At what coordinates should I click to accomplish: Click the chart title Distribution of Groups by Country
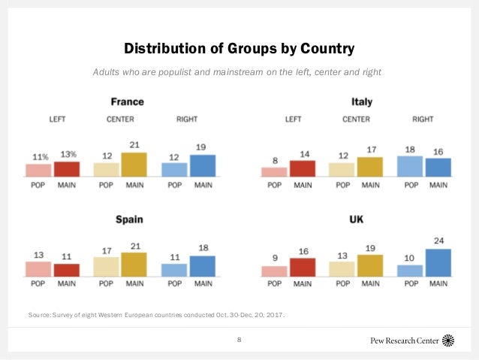pos(239,49)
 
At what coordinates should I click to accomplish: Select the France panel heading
pos(127,101)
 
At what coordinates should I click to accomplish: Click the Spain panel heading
pos(128,220)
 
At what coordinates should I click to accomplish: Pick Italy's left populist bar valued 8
pos(274,172)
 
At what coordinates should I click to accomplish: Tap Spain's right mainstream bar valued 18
pos(202,266)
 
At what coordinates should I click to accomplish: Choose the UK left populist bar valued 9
pos(274,271)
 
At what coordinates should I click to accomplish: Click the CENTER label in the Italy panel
pos(356,119)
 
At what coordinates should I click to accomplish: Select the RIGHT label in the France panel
pos(187,119)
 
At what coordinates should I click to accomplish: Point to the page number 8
pos(239,340)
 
